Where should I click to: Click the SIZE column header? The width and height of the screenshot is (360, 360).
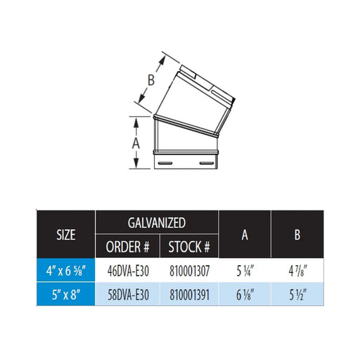(65, 234)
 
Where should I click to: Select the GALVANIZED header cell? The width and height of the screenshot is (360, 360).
(156, 223)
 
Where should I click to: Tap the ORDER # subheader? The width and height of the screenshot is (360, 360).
(127, 246)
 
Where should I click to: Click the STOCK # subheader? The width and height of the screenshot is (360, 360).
(189, 246)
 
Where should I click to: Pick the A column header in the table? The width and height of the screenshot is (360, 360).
(244, 235)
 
